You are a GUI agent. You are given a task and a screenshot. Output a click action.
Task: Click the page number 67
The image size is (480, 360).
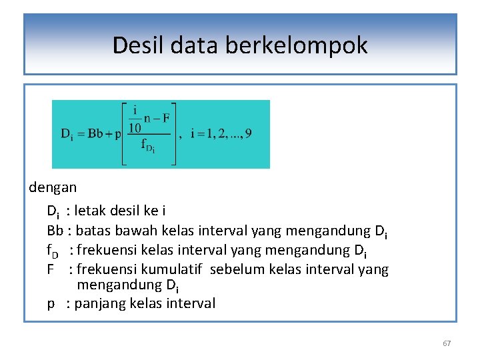[447, 343]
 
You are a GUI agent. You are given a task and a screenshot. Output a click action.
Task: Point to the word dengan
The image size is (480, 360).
[53, 187]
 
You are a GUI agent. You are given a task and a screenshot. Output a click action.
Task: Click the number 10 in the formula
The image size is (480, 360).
[135, 127]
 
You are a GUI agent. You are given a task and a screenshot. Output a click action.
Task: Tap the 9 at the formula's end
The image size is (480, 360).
[248, 133]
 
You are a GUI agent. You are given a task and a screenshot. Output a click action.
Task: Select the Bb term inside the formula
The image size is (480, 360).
[95, 133]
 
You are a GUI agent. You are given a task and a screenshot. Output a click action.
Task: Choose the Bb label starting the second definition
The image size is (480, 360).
[55, 231]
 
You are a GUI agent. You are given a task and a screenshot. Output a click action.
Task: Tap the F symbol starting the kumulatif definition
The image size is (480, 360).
[51, 269]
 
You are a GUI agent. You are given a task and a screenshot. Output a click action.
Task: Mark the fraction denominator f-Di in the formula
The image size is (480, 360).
[147, 147]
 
